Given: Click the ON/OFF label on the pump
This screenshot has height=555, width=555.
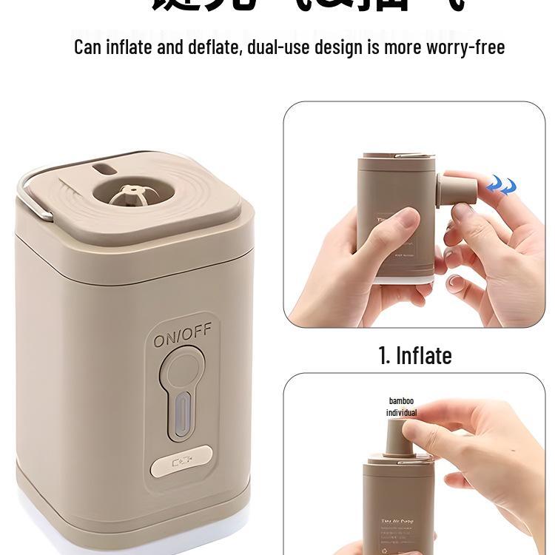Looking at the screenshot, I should click(182, 340).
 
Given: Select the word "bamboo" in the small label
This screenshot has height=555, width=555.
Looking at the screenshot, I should click(401, 401).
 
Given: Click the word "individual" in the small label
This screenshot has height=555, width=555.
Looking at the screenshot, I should click(401, 413).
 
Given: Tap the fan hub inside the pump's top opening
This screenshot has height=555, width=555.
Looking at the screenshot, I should click(126, 193).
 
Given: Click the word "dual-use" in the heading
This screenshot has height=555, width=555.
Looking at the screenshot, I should click(278, 47).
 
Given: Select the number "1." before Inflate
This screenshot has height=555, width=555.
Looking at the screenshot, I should click(385, 356).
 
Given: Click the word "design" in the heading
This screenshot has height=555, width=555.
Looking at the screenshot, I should click(338, 47).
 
